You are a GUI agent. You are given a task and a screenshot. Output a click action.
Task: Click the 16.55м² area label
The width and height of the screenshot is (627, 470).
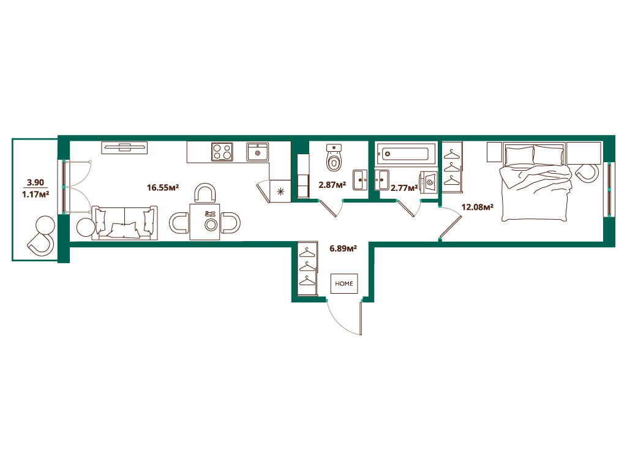(x=163, y=187)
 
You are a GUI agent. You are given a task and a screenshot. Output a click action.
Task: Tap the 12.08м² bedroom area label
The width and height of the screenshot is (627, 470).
(x=478, y=207)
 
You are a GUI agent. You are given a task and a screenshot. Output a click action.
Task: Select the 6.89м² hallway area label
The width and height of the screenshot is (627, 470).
(x=343, y=248)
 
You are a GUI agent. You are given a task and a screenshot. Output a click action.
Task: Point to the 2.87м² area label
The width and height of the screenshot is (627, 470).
(x=332, y=185)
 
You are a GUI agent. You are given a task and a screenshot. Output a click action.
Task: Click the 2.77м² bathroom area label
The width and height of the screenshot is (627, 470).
(x=404, y=187)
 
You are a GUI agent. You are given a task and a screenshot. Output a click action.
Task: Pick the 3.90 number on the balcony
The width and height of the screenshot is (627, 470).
(x=35, y=182)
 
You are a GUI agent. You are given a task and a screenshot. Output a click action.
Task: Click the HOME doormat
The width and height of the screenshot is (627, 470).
(x=344, y=284)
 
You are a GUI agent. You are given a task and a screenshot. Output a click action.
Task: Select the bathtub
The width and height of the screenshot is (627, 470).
(x=407, y=154)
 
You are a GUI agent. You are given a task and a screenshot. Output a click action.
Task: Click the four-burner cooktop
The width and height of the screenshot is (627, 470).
(x=222, y=152)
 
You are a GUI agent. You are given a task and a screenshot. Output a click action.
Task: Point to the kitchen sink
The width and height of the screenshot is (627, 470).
(x=258, y=152)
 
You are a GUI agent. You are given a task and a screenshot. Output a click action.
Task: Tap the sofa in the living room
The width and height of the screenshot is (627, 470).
(x=124, y=223)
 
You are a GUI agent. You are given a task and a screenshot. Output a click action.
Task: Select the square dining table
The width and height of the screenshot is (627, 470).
(x=205, y=222)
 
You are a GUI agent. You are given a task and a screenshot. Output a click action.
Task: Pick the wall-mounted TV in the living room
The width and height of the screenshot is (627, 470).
(x=124, y=148)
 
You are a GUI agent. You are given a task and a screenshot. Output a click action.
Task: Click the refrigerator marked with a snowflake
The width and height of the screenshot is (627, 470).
(x=280, y=191)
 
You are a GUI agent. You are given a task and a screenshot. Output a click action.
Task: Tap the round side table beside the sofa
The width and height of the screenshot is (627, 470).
(x=86, y=228)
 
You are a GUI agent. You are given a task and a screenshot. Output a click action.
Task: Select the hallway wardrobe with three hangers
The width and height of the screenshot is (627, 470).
(x=308, y=269)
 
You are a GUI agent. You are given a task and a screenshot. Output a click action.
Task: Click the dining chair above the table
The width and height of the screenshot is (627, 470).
(x=205, y=193)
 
